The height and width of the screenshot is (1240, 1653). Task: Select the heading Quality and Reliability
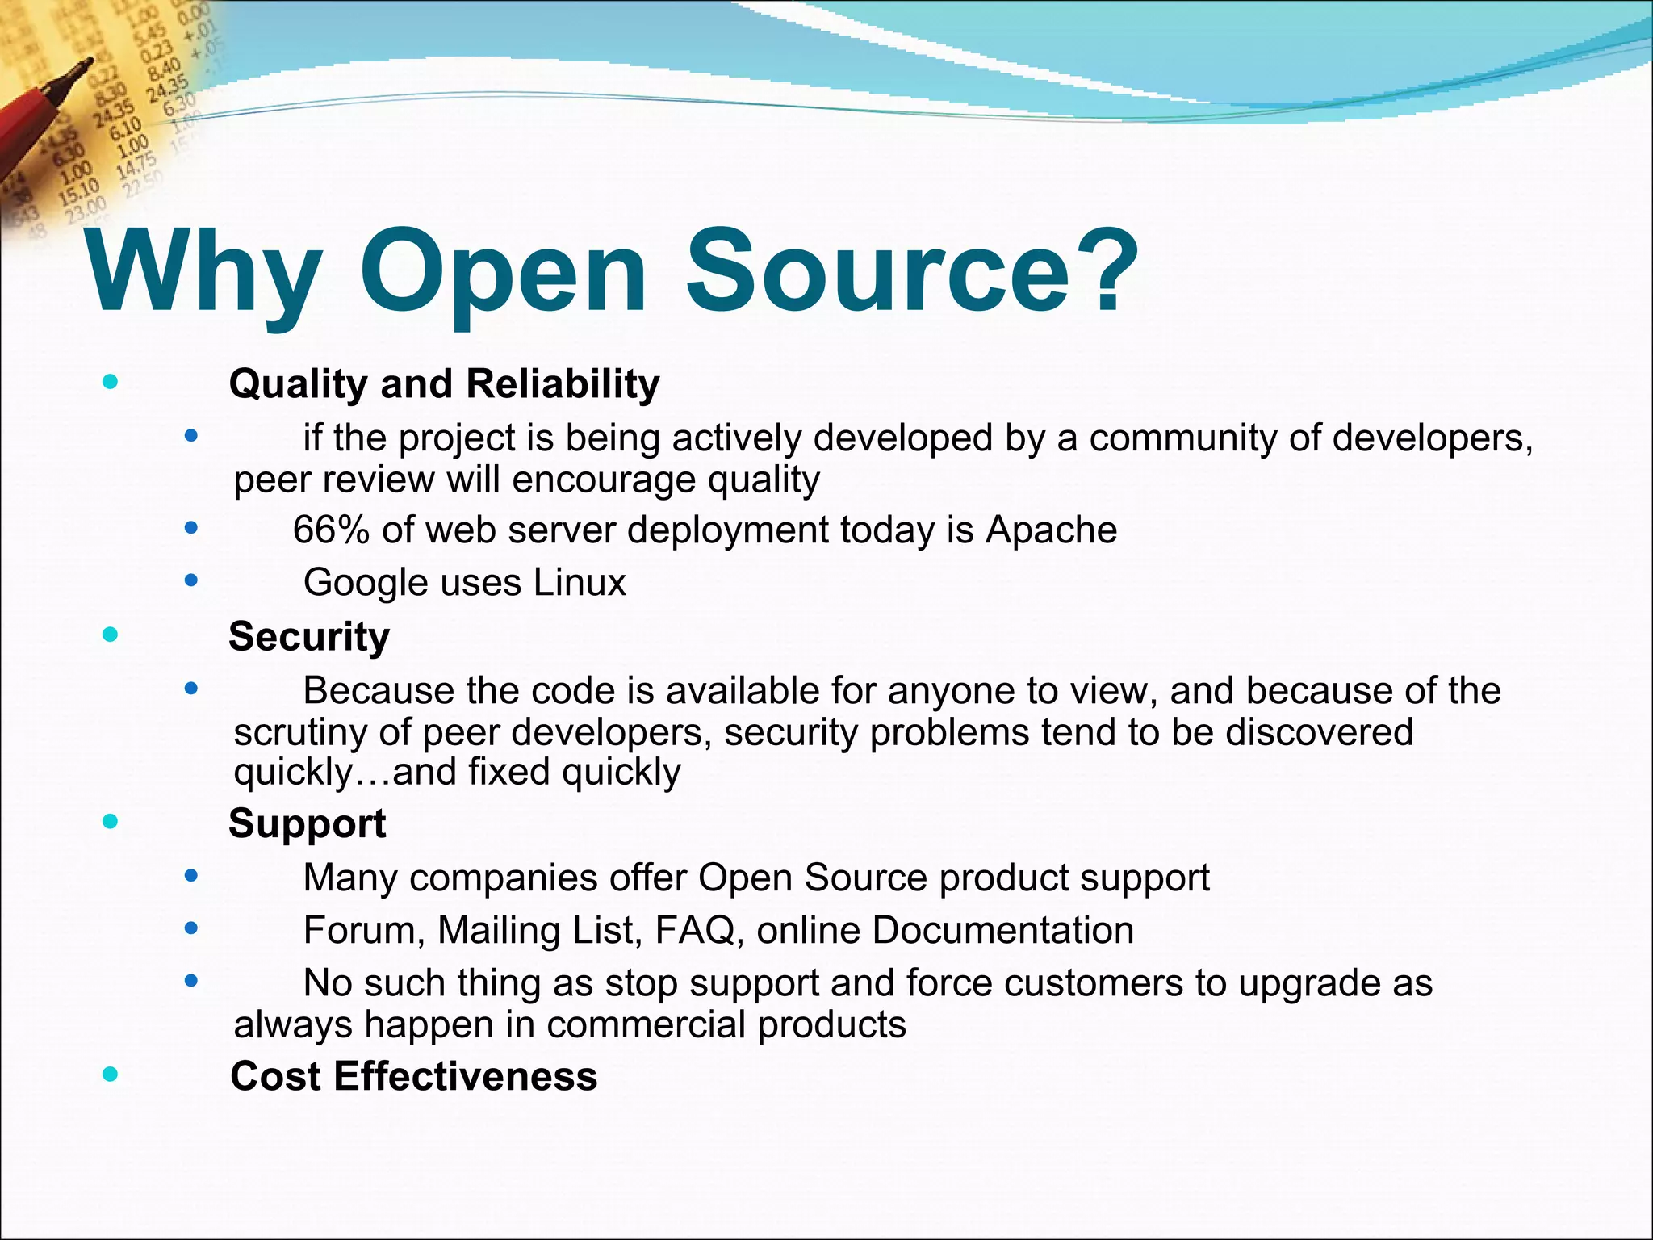click(x=444, y=383)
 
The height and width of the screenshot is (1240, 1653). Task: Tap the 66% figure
click(x=330, y=530)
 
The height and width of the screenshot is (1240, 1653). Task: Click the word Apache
click(x=1051, y=530)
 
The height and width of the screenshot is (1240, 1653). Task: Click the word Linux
click(x=579, y=583)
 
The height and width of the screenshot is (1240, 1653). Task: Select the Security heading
click(x=309, y=636)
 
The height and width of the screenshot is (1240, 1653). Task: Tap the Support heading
click(x=307, y=823)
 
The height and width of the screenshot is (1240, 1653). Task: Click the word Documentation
click(x=1002, y=930)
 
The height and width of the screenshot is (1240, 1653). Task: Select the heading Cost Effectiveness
click(x=413, y=1076)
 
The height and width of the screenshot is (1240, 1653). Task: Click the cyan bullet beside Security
click(x=111, y=635)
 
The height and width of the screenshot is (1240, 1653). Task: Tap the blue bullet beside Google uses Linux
click(x=190, y=580)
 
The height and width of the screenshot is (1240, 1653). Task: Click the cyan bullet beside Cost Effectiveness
click(x=111, y=1075)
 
